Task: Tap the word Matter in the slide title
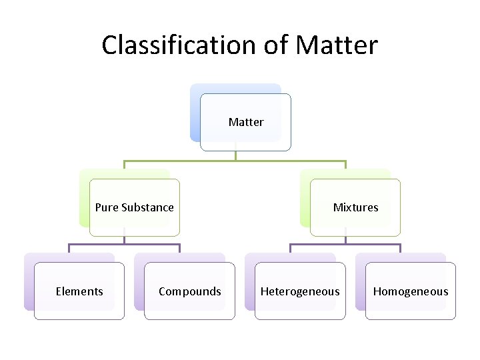click(x=337, y=45)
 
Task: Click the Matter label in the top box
click(x=246, y=122)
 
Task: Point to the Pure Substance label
click(x=134, y=207)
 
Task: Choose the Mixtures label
click(x=355, y=207)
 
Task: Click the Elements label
click(x=79, y=291)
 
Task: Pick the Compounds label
click(x=190, y=291)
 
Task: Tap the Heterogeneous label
click(x=300, y=291)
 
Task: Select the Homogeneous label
click(x=411, y=291)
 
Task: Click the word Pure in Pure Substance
click(x=107, y=207)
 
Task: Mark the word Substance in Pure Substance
click(x=147, y=207)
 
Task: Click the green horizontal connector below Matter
click(x=180, y=161)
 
